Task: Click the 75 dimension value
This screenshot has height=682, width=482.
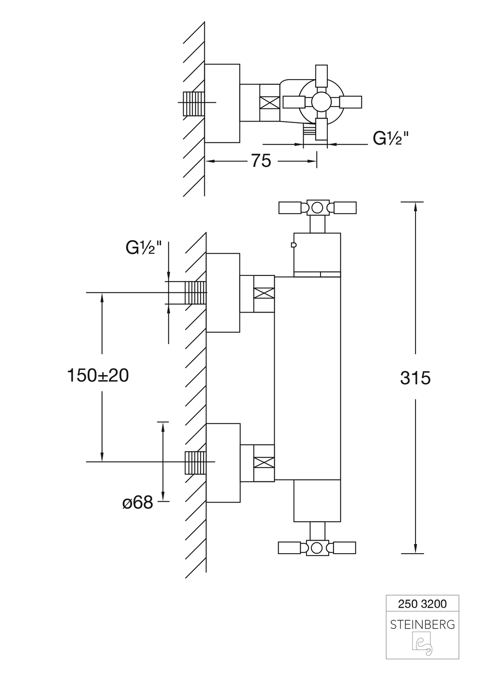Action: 261,161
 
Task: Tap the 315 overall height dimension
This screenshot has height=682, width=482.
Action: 415,378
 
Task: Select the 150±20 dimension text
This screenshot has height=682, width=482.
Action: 98,375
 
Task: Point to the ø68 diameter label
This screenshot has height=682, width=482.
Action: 137,503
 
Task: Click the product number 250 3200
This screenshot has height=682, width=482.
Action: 422,603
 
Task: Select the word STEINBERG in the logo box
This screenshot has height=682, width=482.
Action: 422,625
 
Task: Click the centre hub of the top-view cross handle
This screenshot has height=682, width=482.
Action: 320,102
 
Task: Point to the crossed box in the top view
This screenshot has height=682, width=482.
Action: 269,103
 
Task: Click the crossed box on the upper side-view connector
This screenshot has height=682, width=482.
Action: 264,293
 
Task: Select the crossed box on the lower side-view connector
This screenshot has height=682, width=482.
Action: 264,462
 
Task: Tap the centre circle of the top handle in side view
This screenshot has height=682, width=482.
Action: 317,208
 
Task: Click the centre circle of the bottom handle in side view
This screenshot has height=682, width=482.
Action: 317,548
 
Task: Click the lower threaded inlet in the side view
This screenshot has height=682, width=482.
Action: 195,463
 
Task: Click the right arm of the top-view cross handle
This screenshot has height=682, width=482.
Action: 350,102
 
